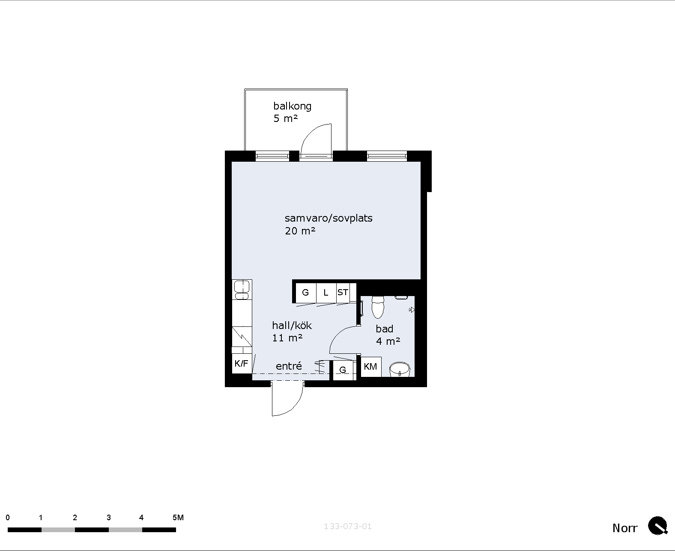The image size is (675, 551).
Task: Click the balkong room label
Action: (292, 106)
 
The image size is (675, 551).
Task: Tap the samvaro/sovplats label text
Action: (329, 218)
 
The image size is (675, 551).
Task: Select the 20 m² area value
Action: (300, 231)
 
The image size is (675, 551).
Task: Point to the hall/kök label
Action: (292, 326)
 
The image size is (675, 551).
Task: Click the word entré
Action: (289, 366)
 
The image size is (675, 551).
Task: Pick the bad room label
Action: (384, 329)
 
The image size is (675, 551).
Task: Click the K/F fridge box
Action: (242, 363)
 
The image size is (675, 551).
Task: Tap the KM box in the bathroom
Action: (370, 367)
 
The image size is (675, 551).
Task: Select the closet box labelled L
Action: (326, 293)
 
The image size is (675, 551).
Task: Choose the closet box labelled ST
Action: (343, 293)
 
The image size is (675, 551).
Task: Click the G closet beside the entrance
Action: (343, 370)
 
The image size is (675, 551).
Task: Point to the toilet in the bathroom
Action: (378, 307)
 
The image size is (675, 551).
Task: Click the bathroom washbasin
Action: (400, 370)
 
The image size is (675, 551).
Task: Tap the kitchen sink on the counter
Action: (242, 290)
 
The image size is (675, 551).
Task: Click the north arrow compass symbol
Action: (658, 526)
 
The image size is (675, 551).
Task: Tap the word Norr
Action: (625, 528)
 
